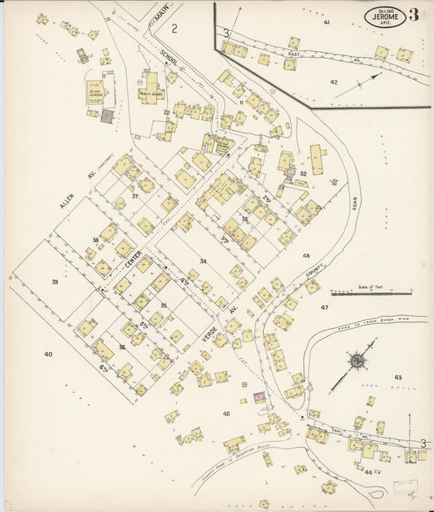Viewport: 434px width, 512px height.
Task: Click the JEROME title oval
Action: coord(384,14)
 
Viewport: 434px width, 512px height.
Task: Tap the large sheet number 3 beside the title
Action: coord(415,15)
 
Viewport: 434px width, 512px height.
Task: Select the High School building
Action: coord(97,92)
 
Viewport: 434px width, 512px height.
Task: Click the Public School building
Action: coord(149,87)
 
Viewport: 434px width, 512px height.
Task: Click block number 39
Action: coord(55,282)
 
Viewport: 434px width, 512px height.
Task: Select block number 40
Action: coord(48,354)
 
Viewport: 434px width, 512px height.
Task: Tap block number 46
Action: coord(226,414)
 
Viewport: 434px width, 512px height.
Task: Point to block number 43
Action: coord(398,377)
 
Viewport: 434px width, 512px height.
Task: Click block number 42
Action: coord(334,82)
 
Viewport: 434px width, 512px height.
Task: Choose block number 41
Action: coord(327,23)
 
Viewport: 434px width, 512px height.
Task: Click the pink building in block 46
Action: coord(260,396)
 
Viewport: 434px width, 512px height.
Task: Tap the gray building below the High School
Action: coord(106,116)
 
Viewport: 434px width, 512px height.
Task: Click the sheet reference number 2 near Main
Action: coord(174,28)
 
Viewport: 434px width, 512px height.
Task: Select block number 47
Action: coord(324,308)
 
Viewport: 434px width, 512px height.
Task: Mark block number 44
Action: coord(368,471)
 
